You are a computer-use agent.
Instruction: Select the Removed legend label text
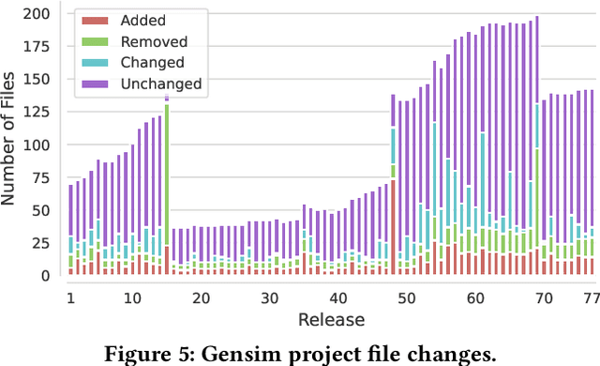154,41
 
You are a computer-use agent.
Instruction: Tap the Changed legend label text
155,62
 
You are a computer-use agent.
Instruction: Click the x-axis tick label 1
70,297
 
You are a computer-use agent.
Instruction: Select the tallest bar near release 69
536,94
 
